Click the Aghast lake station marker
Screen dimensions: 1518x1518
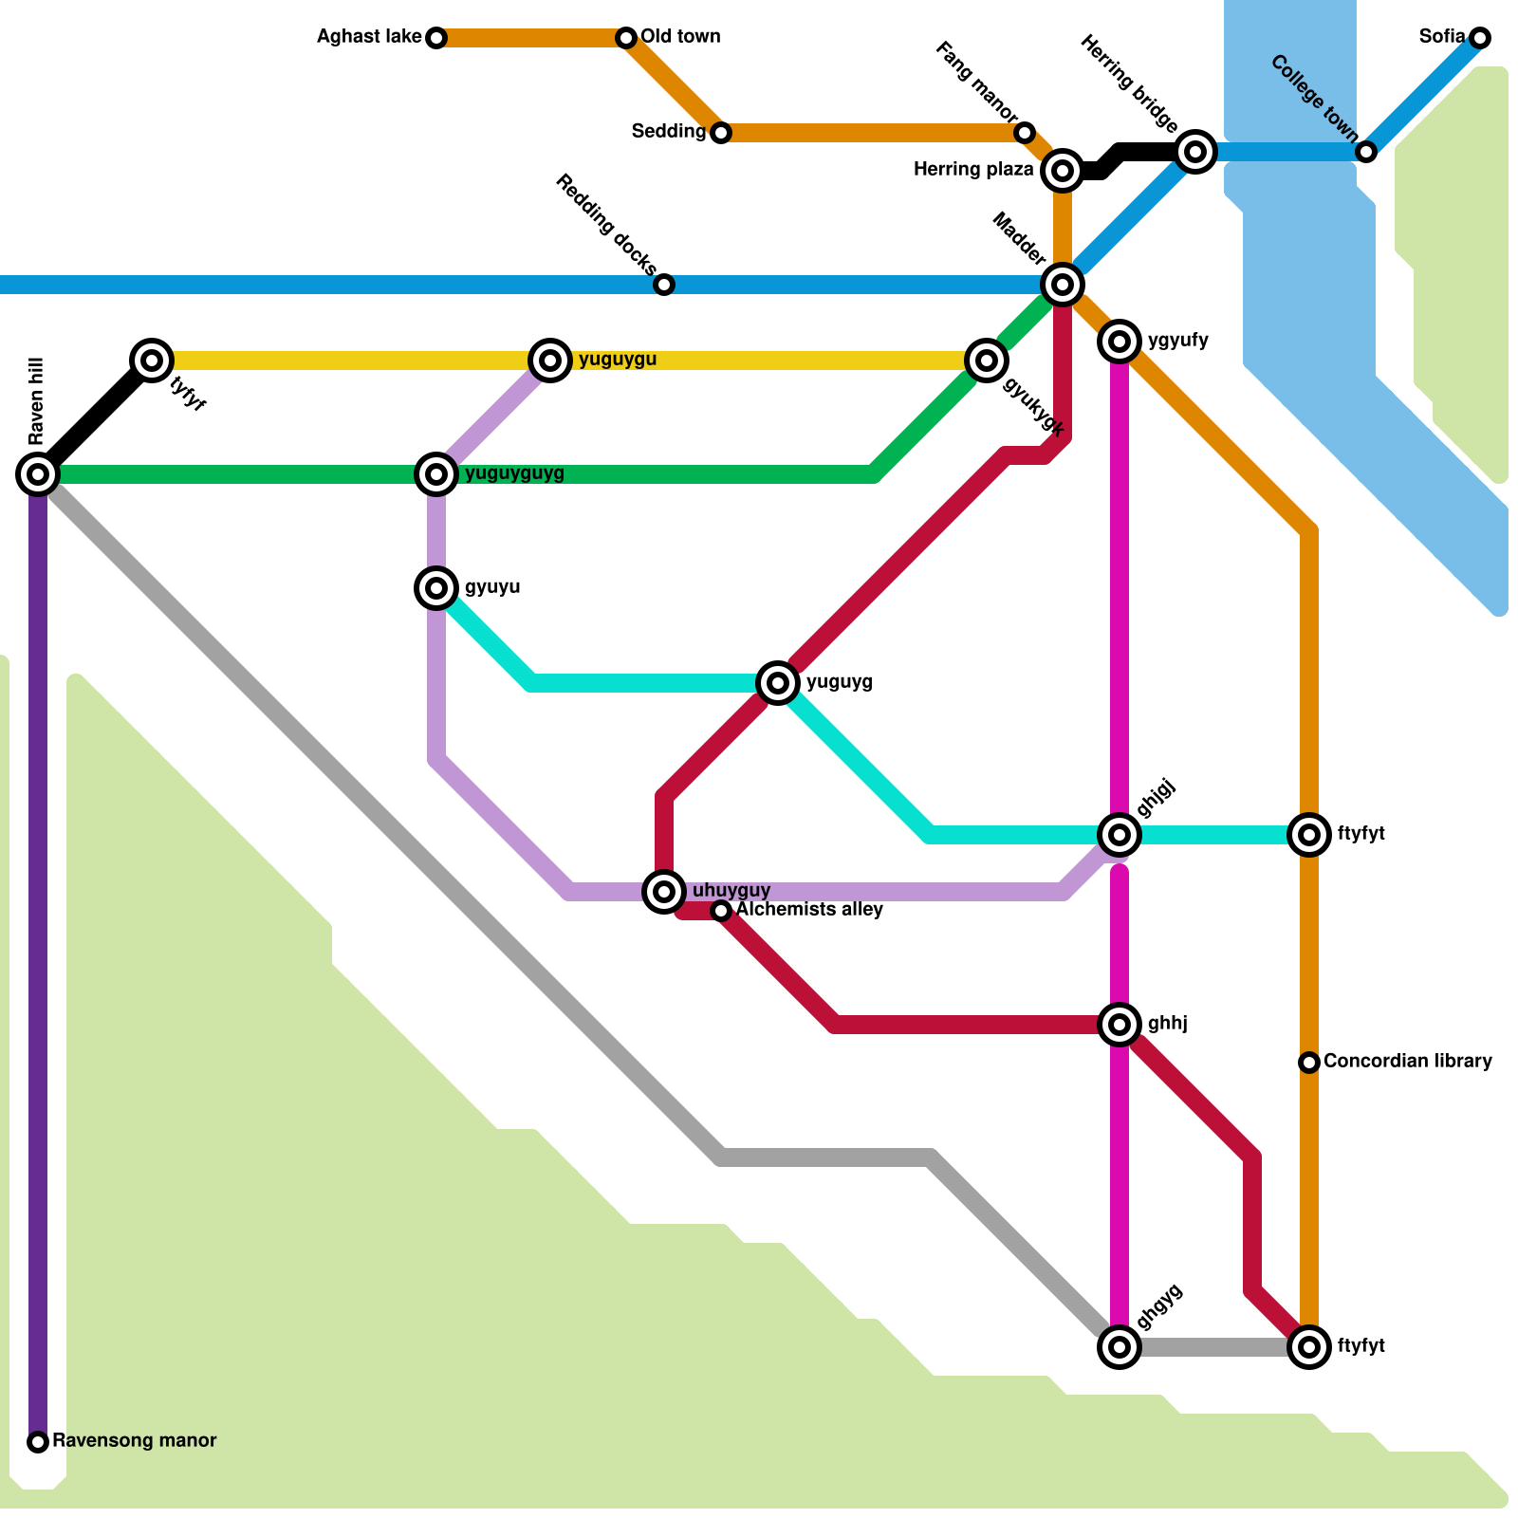tap(436, 38)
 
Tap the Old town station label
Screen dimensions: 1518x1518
tap(680, 37)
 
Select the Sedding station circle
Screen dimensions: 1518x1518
tap(721, 133)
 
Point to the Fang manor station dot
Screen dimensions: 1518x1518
tap(1025, 133)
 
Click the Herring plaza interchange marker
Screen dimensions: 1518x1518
tap(1063, 171)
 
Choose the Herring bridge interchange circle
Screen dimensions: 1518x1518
tap(1195, 151)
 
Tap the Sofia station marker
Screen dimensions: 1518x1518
tap(1480, 38)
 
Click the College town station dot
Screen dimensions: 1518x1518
tap(1366, 152)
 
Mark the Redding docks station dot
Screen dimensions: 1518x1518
tap(664, 285)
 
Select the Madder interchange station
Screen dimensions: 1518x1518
tap(1063, 284)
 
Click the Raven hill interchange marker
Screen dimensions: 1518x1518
tap(38, 473)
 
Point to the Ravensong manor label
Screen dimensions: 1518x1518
tap(134, 1441)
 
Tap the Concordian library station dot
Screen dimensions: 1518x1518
tap(1309, 1063)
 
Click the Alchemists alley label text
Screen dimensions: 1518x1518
tap(809, 910)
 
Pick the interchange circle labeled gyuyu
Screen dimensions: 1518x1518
tap(436, 588)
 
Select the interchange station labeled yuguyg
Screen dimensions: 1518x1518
tap(778, 682)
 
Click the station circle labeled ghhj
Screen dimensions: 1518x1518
tap(1120, 1025)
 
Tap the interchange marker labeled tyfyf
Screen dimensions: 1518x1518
tap(152, 361)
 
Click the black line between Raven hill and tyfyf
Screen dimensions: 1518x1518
tap(95, 417)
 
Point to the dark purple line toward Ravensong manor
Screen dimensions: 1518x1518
tap(38, 949)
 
